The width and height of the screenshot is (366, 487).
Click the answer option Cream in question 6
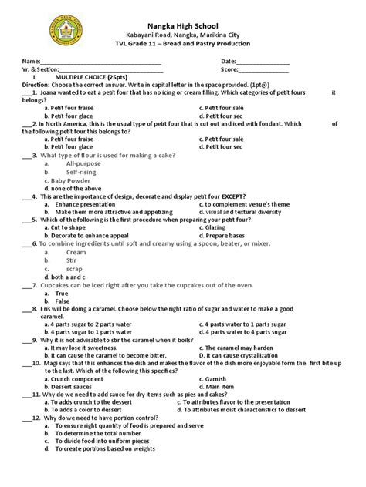(76, 252)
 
